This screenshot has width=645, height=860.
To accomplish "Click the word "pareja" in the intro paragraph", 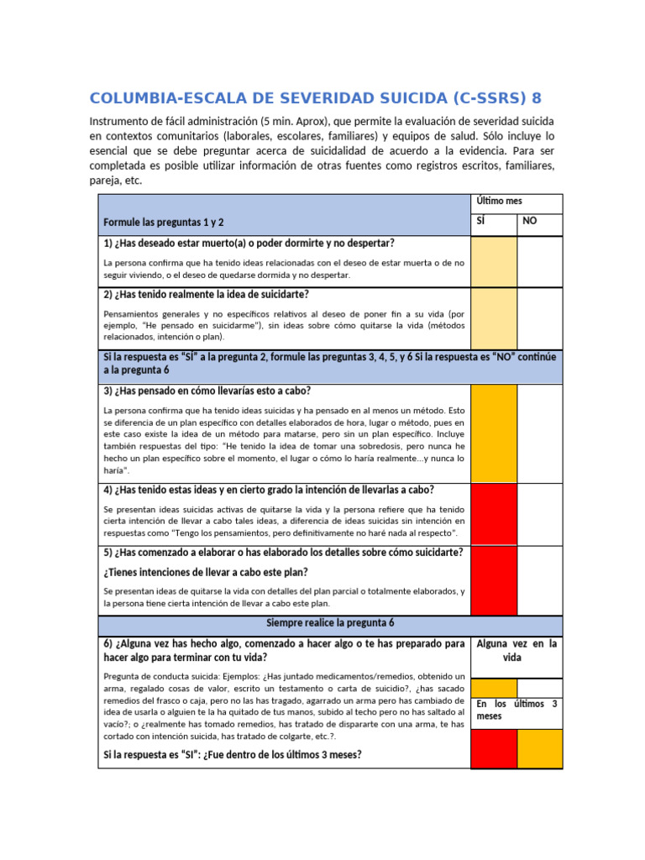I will pos(107,181).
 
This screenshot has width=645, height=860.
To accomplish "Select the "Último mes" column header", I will pos(499,202).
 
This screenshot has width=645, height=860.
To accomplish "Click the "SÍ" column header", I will pos(482,222).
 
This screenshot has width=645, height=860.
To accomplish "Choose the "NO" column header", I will pos(530,222).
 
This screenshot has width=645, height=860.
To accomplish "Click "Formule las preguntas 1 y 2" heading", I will pos(163,223).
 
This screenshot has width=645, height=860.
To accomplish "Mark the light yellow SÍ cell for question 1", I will pos(493,261).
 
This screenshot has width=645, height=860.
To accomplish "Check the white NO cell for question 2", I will pos(539,318).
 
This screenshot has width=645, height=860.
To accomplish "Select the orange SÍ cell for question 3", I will pos(493,433).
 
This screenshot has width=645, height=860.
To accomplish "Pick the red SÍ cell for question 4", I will pos(493,514).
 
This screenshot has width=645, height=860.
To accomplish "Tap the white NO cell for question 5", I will pos(539,580).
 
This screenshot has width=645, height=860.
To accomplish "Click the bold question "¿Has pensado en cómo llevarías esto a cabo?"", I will pos(207,391).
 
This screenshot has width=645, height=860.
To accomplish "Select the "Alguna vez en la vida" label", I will pos(517,650).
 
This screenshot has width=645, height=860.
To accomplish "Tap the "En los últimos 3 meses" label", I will pos(517,710).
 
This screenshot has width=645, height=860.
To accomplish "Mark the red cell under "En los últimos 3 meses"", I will pos(493,748).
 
